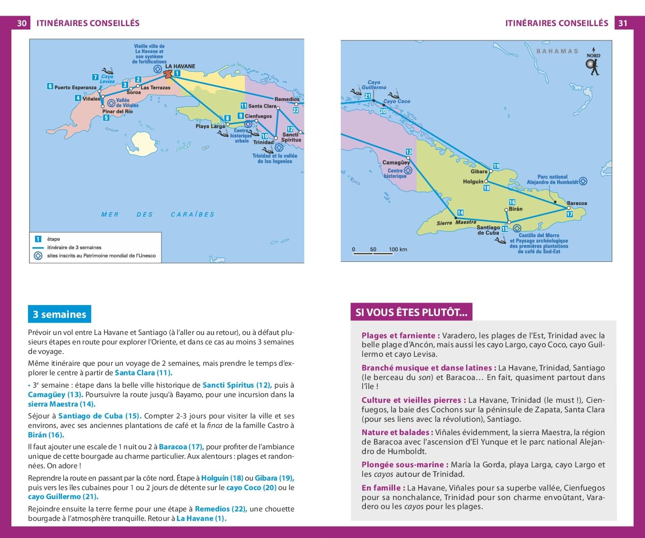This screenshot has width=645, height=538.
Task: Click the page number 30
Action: [22, 23]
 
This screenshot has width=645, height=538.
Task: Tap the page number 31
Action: [623, 23]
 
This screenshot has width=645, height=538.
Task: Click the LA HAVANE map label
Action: [180, 66]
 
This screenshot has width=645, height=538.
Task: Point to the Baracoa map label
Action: [577, 203]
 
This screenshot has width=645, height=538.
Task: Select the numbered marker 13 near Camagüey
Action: [409, 152]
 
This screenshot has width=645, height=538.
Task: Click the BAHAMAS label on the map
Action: [557, 51]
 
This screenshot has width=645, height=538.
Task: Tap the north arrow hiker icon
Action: [593, 65]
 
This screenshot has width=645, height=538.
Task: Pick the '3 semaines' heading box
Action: [59, 314]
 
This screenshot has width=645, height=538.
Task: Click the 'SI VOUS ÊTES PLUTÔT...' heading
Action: [411, 312]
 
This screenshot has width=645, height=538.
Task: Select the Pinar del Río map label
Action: [117, 111]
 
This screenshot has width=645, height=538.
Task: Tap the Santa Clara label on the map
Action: [262, 106]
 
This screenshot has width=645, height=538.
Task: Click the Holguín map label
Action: [473, 182]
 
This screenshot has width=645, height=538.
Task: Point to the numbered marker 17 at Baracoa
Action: [570, 214]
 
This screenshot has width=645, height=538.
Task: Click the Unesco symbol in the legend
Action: [38, 256]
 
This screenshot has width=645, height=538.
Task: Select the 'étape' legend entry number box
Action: [38, 239]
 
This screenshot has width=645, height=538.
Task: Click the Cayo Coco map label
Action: [396, 101]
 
